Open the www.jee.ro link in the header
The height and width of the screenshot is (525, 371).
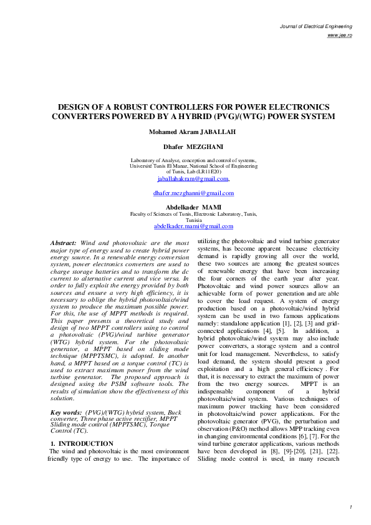click(x=340, y=36)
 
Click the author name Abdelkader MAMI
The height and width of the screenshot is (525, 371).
click(x=193, y=206)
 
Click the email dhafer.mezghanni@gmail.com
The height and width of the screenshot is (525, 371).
click(x=193, y=193)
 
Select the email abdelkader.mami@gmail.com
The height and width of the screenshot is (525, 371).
click(x=193, y=226)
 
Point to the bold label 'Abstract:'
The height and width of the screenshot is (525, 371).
click(x=64, y=242)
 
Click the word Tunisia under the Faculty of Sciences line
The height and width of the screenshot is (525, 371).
click(x=194, y=220)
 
